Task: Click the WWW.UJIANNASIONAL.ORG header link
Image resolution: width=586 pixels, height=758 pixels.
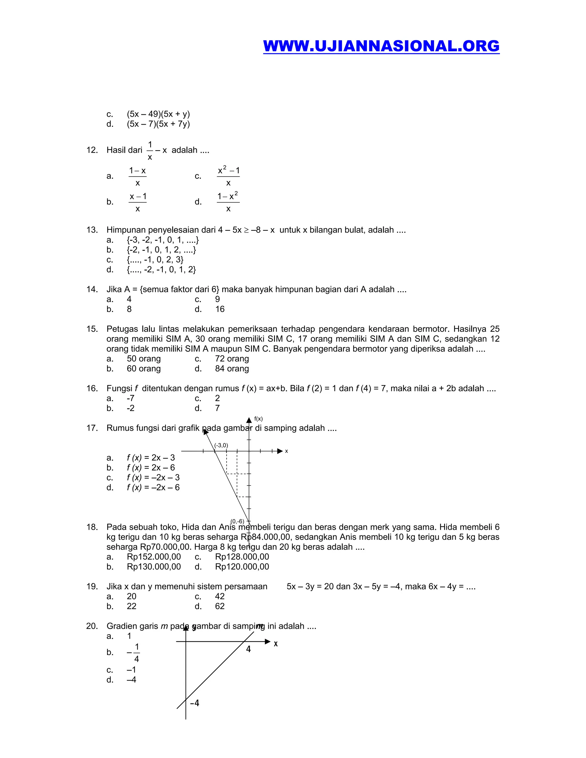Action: coord(381,46)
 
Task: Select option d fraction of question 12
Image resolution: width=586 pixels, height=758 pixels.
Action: coord(228,202)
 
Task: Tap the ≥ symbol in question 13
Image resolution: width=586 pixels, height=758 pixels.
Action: coord(246,230)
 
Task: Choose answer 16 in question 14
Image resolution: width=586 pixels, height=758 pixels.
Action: coord(220,309)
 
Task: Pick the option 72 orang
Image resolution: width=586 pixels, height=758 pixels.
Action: coord(231,359)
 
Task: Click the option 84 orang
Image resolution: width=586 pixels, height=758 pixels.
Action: coord(231,369)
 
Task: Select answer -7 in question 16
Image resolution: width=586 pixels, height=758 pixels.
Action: coord(130,398)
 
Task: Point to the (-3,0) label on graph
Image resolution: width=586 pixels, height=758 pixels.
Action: coord(221,445)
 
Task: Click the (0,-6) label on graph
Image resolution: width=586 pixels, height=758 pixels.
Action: coord(237,521)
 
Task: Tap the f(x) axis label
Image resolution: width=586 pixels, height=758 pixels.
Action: coord(258,419)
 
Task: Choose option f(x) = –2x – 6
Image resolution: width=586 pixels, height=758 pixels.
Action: coord(153,488)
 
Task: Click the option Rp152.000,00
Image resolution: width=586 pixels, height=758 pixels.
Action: coord(153,557)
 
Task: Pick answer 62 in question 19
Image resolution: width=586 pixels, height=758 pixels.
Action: coord(220,606)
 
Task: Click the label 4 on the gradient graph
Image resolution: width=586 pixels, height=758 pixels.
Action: coord(248,649)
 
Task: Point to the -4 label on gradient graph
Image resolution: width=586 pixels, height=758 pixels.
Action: coord(195,703)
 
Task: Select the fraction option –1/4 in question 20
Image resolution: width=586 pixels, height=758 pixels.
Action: coord(134,653)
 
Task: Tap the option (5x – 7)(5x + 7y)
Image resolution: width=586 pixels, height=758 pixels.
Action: coord(158,124)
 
